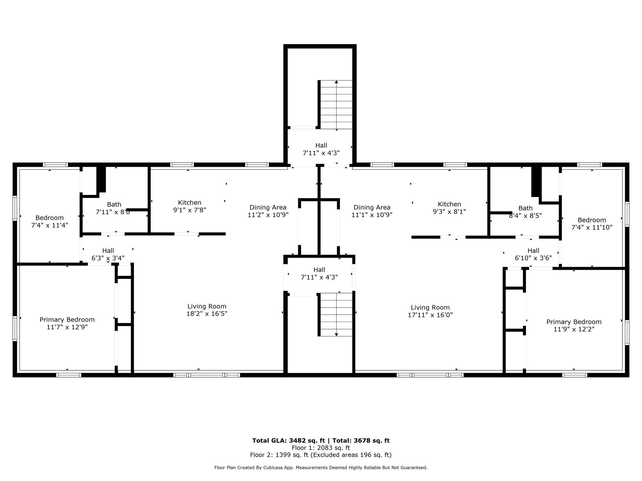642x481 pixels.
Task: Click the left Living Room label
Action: [207, 306]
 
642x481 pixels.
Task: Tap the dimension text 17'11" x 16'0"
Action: [430, 315]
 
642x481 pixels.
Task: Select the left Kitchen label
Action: [190, 203]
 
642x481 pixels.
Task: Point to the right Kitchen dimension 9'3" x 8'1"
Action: [449, 212]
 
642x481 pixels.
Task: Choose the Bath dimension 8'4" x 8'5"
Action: [525, 216]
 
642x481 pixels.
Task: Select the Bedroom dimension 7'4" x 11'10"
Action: [592, 227]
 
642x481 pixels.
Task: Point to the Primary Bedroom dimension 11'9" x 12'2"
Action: [574, 329]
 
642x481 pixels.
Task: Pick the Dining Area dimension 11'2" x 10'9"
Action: [268, 215]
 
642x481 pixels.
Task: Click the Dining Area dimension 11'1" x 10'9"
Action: [372, 215]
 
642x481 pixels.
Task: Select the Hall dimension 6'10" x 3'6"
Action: [533, 258]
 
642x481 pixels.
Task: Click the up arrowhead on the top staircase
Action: [336, 82]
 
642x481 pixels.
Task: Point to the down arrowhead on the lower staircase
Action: [336, 335]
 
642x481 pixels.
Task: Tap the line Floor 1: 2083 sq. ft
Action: [321, 448]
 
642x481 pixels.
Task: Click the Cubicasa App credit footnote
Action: [321, 468]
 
